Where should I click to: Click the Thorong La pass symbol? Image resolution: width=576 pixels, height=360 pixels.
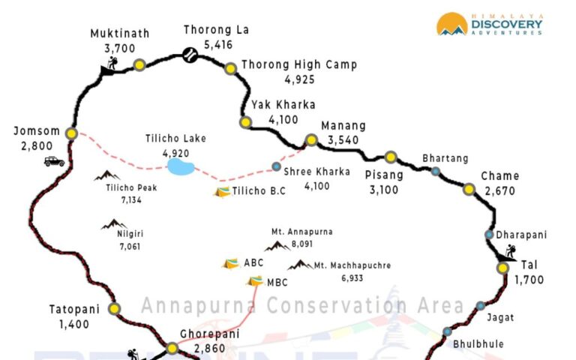(x=190, y=55)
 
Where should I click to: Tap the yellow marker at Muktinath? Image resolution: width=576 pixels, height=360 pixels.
(x=139, y=65)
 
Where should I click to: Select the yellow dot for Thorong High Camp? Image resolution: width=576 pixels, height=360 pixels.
(x=230, y=68)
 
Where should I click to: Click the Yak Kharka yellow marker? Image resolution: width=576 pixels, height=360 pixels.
(x=245, y=122)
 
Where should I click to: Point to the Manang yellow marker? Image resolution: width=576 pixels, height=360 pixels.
(x=311, y=140)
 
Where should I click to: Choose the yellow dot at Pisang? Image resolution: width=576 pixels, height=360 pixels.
(x=390, y=157)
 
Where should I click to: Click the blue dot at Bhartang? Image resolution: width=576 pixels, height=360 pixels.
(x=436, y=172)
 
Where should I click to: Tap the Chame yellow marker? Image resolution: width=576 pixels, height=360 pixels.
(x=469, y=189)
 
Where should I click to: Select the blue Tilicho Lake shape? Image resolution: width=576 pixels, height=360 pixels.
(x=181, y=166)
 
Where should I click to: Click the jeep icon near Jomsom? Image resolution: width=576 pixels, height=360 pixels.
(x=54, y=160)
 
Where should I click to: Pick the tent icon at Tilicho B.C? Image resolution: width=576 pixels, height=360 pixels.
(x=222, y=192)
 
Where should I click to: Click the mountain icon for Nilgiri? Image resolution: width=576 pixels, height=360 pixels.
(x=114, y=223)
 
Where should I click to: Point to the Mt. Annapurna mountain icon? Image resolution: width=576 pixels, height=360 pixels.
(x=277, y=245)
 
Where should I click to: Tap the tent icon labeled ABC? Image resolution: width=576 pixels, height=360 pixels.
(x=231, y=263)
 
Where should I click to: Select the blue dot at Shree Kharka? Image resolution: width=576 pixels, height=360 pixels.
(x=277, y=166)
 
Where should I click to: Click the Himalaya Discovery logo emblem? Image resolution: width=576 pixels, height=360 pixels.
(x=452, y=24)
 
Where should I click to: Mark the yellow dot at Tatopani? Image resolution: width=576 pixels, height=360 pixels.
(x=115, y=308)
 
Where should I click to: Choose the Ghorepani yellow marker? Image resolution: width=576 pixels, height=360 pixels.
(x=172, y=348)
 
